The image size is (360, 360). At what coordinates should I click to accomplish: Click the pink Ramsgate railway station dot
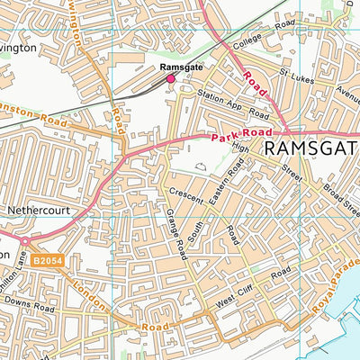[169, 79]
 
